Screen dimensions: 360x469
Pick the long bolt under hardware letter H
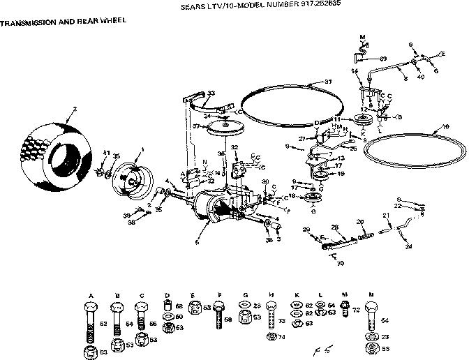pyautogui.click(x=272, y=320)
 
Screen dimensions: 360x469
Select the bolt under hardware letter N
pyautogui.click(x=369, y=320)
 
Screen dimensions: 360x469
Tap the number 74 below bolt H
pyautogui.click(x=283, y=336)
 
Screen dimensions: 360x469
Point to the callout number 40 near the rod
pyautogui.click(x=420, y=77)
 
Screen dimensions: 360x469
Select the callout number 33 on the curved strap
pyautogui.click(x=211, y=93)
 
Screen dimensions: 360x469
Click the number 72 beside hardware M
pyautogui.click(x=355, y=308)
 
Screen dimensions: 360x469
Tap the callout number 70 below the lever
pyautogui.click(x=341, y=264)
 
